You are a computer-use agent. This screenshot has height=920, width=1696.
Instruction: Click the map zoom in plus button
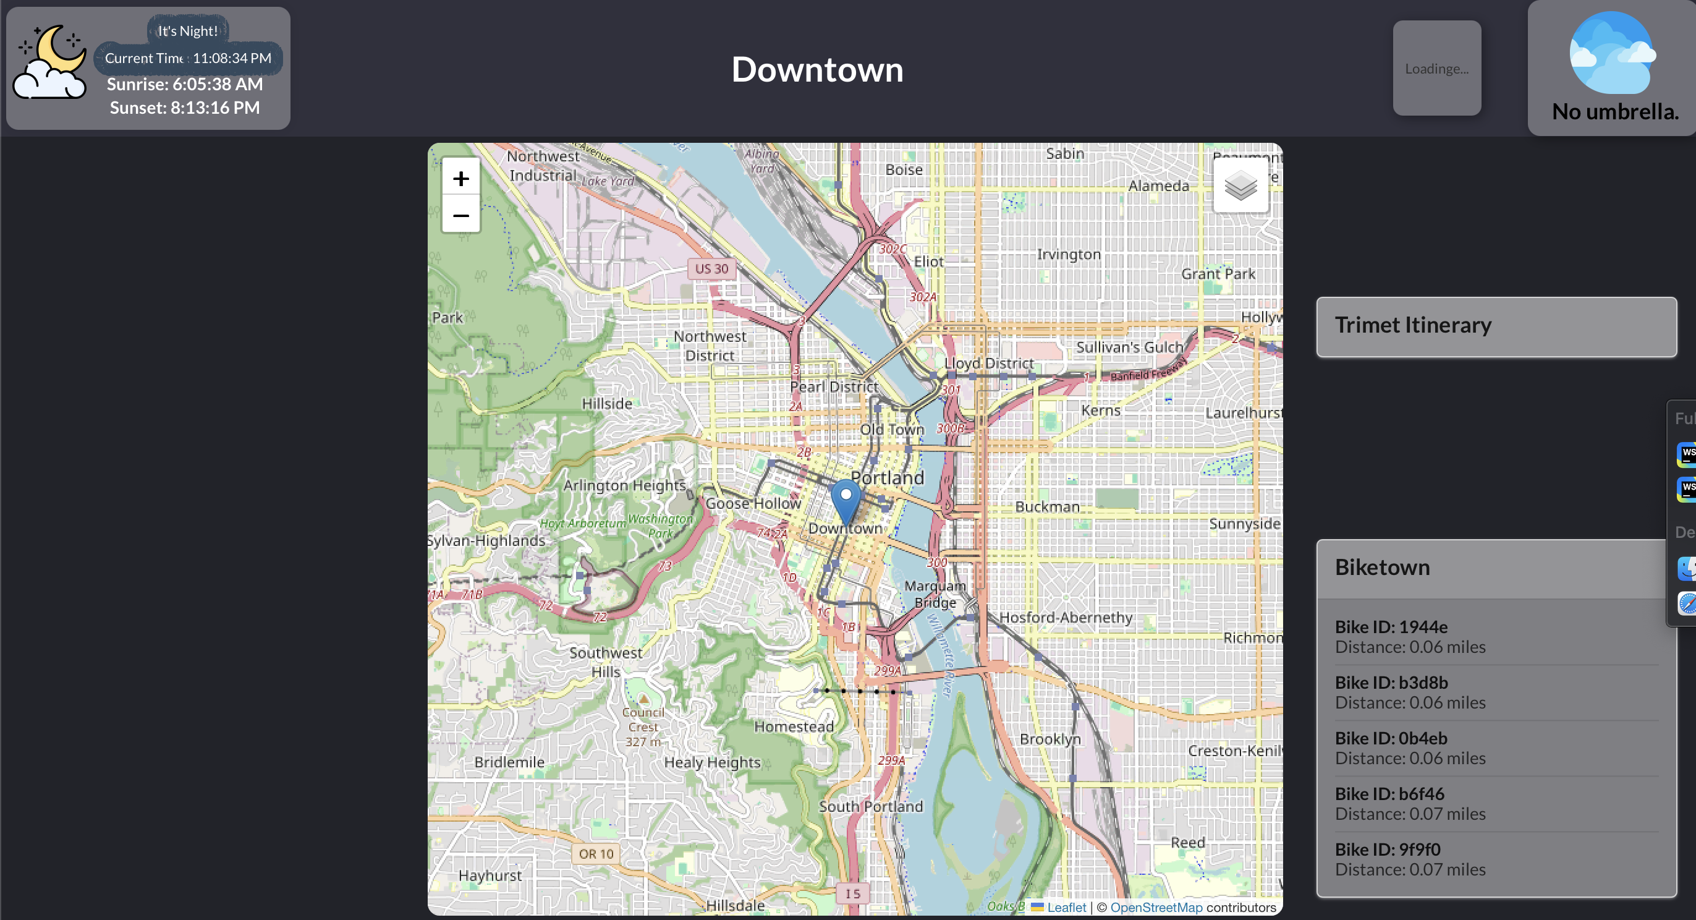[461, 179]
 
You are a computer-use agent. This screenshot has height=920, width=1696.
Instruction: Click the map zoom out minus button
[461, 215]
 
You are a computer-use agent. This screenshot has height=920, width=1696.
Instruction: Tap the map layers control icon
[1240, 186]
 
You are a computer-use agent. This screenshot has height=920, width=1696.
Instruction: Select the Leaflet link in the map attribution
[1066, 907]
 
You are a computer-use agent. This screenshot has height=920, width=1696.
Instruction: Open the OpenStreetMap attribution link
[1156, 907]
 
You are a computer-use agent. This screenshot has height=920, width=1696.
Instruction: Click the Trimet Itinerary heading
[1413, 325]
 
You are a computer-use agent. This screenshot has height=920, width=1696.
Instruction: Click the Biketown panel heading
[1382, 568]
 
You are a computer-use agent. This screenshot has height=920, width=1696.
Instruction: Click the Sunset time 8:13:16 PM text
[184, 108]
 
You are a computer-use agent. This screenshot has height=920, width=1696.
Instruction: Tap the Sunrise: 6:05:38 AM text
[184, 84]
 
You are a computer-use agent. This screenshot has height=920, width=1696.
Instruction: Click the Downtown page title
[817, 69]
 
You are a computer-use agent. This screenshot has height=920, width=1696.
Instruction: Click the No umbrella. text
[1614, 112]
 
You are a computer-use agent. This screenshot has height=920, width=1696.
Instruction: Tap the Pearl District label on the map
[834, 386]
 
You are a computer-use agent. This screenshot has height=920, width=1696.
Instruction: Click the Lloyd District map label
[988, 363]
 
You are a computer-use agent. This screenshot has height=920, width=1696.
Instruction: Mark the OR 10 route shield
[596, 853]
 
